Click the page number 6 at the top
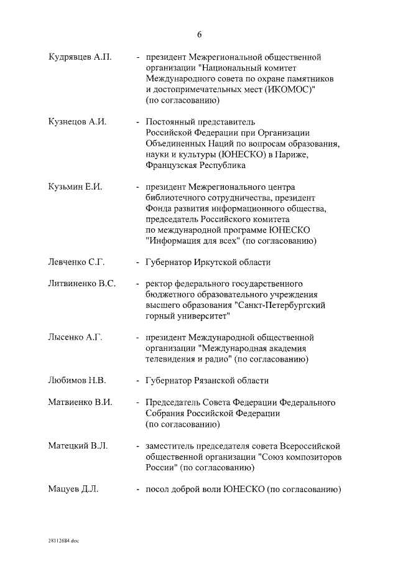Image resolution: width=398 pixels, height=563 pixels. tap(199, 34)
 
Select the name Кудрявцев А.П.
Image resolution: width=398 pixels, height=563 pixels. tap(80, 57)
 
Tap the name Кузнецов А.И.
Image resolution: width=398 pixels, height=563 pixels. tap(77, 122)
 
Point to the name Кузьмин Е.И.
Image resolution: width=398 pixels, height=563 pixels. tap(75, 187)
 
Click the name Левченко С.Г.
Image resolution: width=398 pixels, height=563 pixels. tap(77, 263)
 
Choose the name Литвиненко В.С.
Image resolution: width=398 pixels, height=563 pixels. tap(81, 284)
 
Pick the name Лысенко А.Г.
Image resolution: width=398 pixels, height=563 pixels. tap(75, 337)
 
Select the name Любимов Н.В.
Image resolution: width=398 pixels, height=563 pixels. tap(78, 380)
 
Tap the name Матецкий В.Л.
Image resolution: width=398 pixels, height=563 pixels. tap(78, 445)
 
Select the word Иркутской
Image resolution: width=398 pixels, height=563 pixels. tap(211, 263)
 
